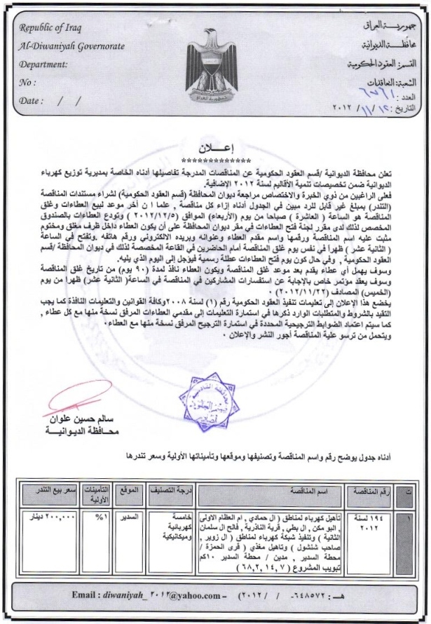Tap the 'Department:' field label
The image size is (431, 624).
click(43, 65)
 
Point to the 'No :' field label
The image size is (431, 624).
click(28, 83)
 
